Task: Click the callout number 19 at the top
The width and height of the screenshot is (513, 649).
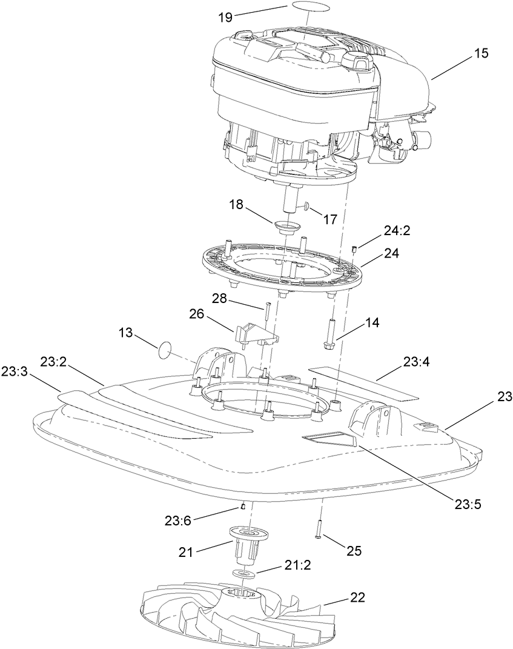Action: click(x=225, y=17)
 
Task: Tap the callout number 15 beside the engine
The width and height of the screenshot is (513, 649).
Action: click(x=480, y=53)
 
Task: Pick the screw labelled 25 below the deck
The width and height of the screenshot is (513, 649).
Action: click(x=317, y=531)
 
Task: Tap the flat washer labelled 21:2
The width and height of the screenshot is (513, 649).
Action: click(x=243, y=574)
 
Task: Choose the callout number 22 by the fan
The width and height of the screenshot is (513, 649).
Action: click(x=357, y=597)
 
